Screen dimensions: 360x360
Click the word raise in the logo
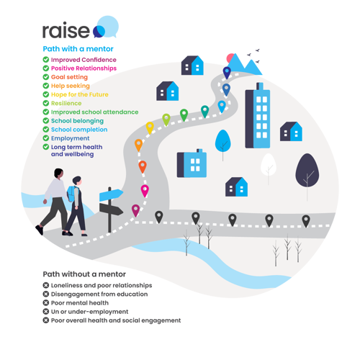66,30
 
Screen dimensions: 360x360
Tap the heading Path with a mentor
78,49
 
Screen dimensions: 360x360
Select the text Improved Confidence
84,60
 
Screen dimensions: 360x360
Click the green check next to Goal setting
46,77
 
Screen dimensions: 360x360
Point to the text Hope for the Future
80,94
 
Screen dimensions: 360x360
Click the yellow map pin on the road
150,127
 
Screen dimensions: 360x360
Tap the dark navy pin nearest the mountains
227,73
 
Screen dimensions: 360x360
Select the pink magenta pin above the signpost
145,191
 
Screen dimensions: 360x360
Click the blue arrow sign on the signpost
111,195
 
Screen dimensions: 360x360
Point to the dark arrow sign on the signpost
111,210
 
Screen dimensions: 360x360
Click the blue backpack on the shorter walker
71,194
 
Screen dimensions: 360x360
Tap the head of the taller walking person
59,173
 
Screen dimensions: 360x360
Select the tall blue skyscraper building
258,115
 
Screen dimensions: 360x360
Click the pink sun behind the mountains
230,58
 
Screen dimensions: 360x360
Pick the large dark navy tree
307,171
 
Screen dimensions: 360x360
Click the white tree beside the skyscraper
269,165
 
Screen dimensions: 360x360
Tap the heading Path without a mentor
84,274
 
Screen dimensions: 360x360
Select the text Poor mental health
80,303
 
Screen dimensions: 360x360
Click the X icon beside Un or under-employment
46,312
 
